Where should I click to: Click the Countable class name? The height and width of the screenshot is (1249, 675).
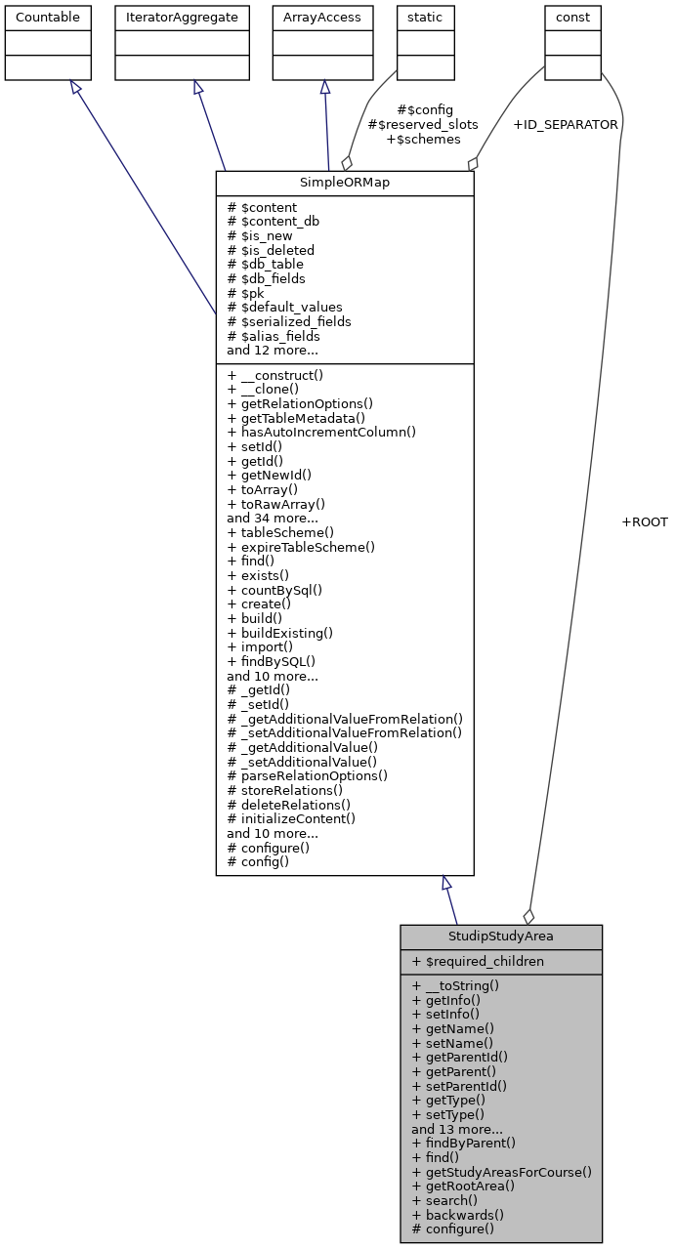coord(48,17)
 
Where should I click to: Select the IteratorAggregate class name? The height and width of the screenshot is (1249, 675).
coord(180,17)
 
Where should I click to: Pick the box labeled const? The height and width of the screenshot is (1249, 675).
coord(572,17)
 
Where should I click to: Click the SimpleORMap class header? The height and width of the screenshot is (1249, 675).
coord(344,184)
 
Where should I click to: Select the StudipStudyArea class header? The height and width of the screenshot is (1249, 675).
coord(500,936)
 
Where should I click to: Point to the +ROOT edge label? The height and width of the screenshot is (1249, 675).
coord(644,522)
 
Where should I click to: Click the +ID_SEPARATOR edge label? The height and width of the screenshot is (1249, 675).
coord(565,125)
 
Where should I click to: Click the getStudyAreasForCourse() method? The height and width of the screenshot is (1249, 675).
coord(502,1171)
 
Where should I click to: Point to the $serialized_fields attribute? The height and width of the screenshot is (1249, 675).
coord(288,321)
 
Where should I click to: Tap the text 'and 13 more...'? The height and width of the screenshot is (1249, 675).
coord(457,1128)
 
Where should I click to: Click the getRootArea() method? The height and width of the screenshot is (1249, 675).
coord(463,1186)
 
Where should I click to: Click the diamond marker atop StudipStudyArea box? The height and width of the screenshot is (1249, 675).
coord(528,916)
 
